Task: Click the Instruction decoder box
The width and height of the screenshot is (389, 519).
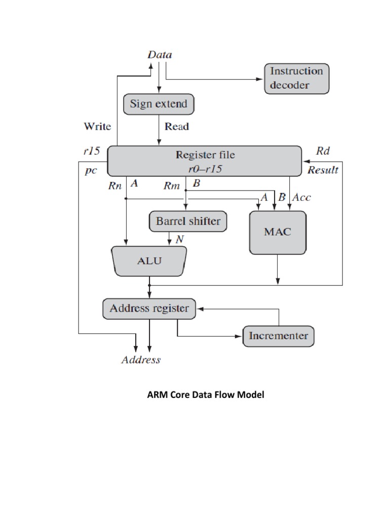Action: [296, 78]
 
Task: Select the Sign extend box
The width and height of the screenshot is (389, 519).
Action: [159, 104]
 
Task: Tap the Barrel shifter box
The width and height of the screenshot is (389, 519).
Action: [188, 221]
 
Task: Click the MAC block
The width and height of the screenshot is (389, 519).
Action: [278, 232]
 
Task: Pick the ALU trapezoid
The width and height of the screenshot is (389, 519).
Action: [149, 261]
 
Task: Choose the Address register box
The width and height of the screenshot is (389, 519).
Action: [149, 308]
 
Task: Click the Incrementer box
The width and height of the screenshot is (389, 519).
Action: [278, 336]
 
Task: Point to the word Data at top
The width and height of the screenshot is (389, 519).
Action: [160, 55]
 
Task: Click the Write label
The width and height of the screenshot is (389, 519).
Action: [98, 126]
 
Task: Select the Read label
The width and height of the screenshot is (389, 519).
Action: [177, 127]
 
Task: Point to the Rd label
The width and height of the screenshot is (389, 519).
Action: [323, 151]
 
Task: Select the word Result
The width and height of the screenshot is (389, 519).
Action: [323, 170]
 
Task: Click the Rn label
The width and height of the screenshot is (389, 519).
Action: [116, 186]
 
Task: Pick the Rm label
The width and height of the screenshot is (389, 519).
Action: [172, 186]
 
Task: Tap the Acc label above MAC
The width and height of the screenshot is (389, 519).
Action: [302, 198]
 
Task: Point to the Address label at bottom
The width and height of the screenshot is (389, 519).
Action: [141, 360]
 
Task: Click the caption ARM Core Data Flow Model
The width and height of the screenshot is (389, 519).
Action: [206, 394]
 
